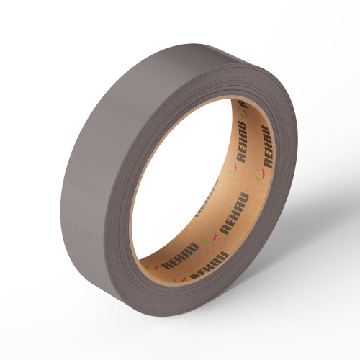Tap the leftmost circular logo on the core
(x=150, y=266)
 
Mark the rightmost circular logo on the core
(x=258, y=173)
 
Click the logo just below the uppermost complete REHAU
(x=233, y=170)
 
